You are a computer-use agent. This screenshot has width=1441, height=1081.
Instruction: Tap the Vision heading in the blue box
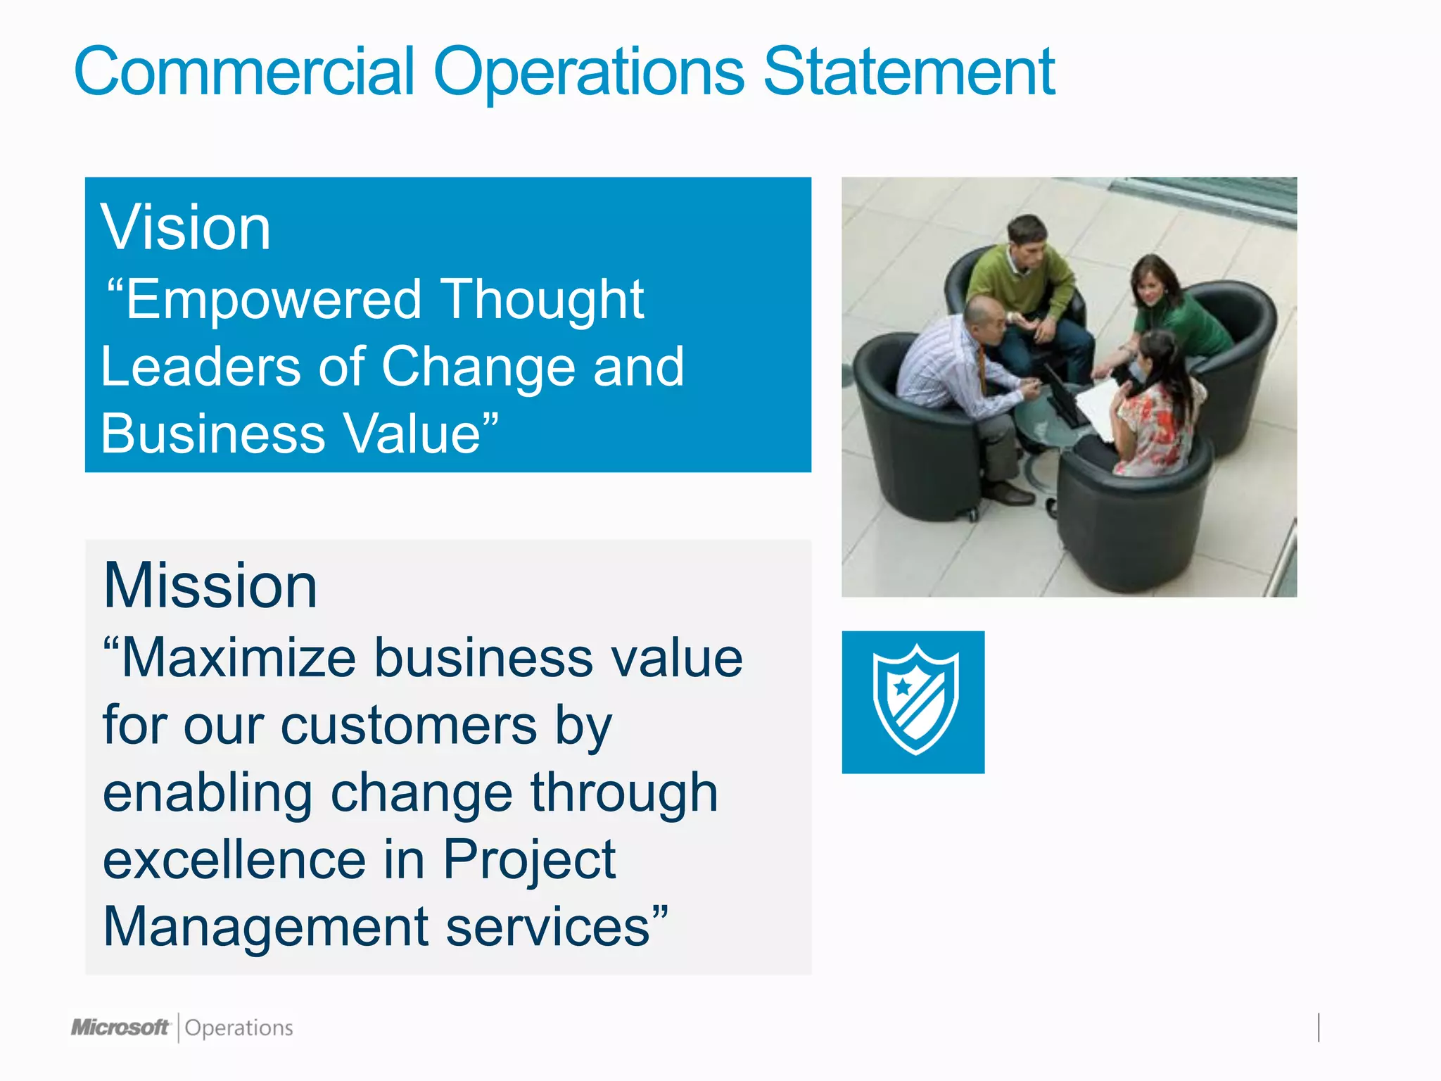pyautogui.click(x=186, y=227)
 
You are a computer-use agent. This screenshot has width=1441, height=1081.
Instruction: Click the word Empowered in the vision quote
pyautogui.click(x=273, y=300)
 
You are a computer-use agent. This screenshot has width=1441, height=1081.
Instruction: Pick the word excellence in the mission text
pyautogui.click(x=234, y=860)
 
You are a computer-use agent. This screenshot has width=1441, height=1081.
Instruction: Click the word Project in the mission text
pyautogui.click(x=529, y=860)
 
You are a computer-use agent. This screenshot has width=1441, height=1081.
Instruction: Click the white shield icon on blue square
pyautogui.click(x=913, y=702)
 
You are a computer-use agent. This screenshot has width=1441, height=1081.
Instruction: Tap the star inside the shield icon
pyautogui.click(x=903, y=685)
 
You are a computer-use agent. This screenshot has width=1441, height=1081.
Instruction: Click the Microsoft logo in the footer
pyautogui.click(x=120, y=1028)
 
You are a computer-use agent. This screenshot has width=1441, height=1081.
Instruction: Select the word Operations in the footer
pyautogui.click(x=239, y=1028)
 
